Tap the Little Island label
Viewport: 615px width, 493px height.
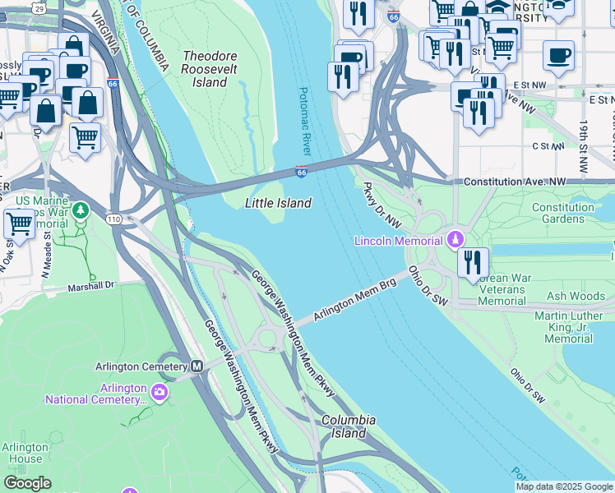click(278, 203)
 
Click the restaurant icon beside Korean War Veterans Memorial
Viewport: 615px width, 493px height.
click(473, 263)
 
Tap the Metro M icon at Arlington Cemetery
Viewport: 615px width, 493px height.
click(197, 366)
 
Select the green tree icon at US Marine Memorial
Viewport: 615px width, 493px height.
click(81, 211)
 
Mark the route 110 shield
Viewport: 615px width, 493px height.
click(113, 219)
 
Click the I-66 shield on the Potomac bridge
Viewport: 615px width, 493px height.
click(302, 172)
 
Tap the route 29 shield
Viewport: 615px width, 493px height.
click(38, 7)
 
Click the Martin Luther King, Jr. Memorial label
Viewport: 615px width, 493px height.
click(563, 327)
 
